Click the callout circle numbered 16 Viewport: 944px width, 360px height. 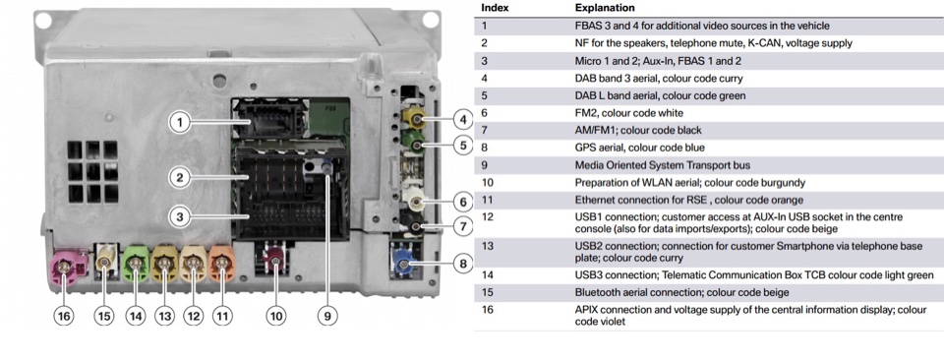(x=63, y=317)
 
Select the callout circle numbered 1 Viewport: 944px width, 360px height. (x=178, y=122)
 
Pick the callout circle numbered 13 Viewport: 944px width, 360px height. (x=164, y=317)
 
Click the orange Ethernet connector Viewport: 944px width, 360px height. (x=222, y=264)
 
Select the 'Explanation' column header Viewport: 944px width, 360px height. (x=604, y=8)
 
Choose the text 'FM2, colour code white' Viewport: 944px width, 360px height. (x=627, y=113)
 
